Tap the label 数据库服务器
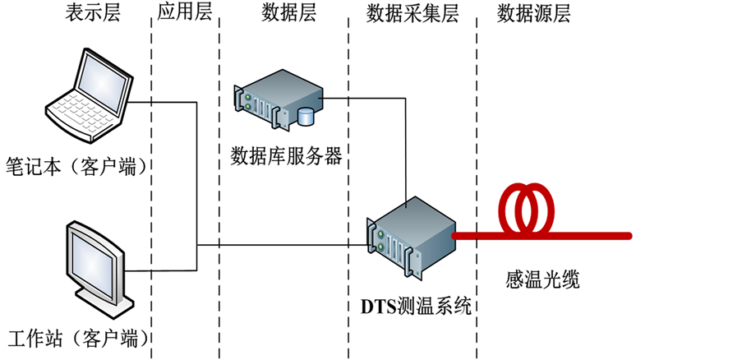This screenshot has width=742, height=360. pos(286,155)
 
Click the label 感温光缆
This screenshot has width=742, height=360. pos(542,279)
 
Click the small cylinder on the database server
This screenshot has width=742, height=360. pos(306,117)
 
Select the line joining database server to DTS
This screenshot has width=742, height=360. pos(407,148)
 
